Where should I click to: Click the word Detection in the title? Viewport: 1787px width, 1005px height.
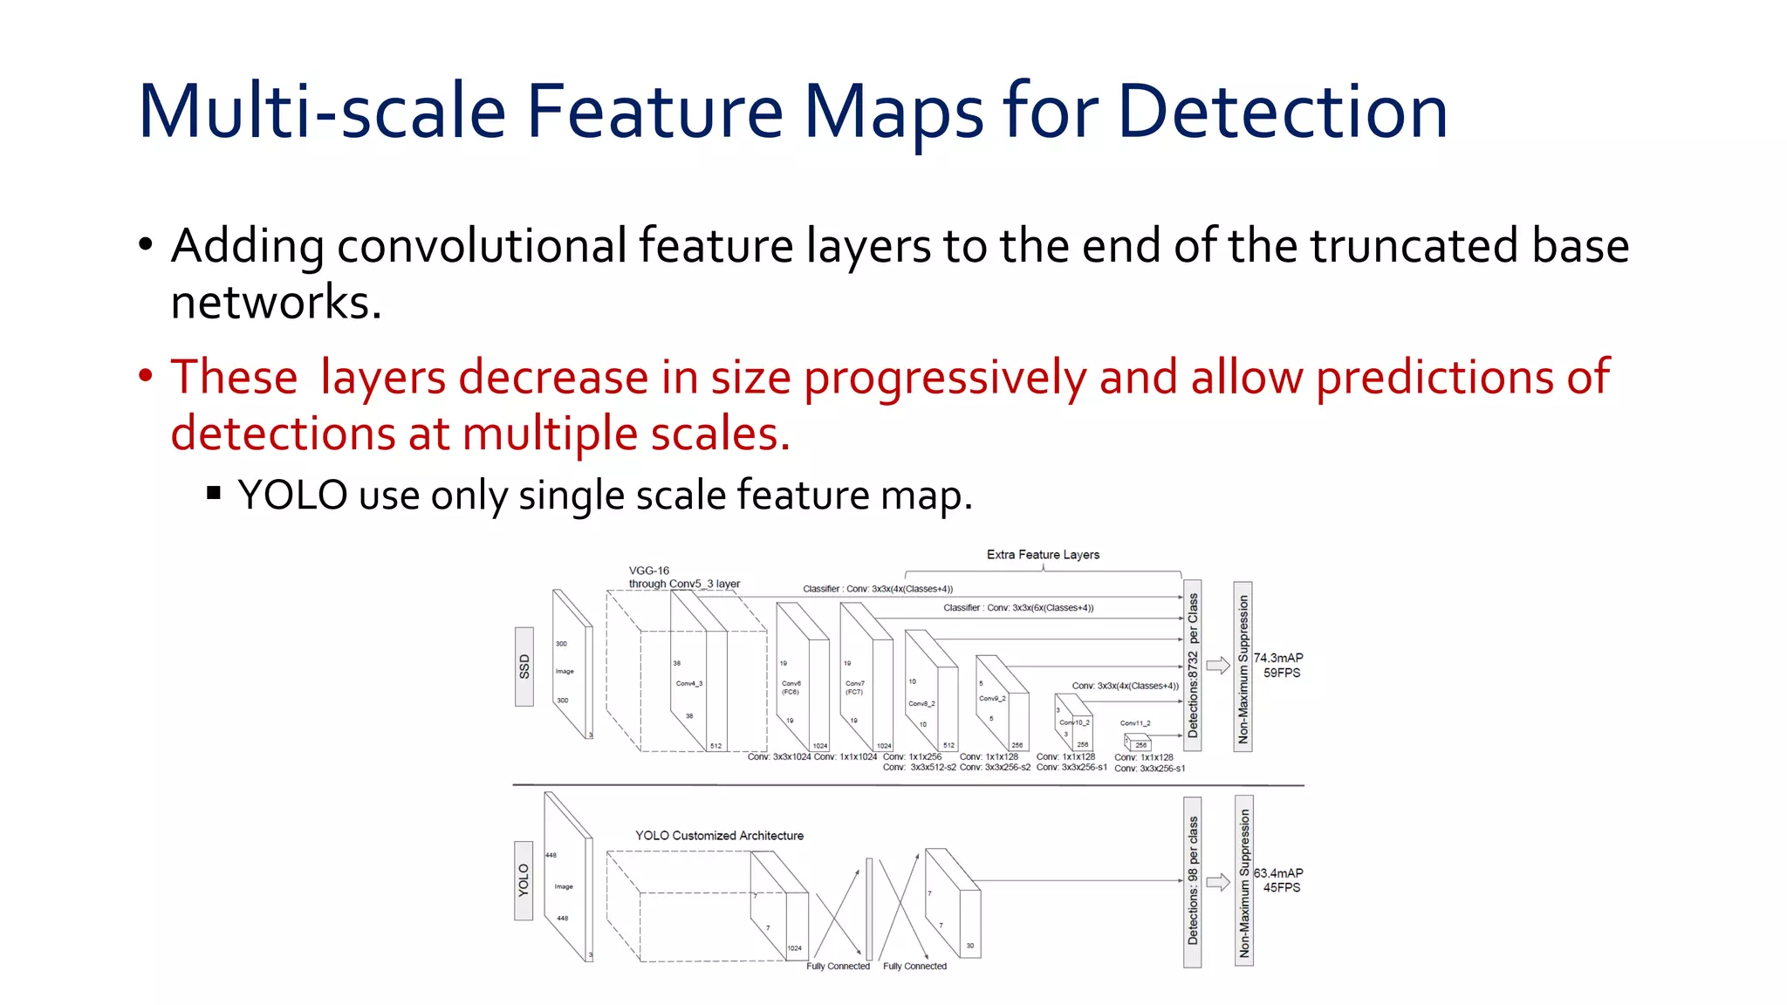tap(1282, 112)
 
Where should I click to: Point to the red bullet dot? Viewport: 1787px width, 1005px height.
tap(146, 376)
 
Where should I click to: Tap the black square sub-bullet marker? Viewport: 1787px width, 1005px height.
tap(214, 494)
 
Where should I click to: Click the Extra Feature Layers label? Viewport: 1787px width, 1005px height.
tap(1043, 555)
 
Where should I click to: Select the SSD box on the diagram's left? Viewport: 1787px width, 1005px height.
tap(524, 667)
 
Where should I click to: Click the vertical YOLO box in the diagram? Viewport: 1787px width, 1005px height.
tap(524, 880)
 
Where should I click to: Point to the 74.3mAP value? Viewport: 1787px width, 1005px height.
tap(1278, 658)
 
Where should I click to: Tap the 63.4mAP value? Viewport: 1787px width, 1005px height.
tap(1278, 873)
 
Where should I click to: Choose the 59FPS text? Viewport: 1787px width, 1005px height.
tap(1282, 673)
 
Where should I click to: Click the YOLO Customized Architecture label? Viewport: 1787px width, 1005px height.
tap(719, 836)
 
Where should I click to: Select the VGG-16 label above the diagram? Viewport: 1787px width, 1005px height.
tap(648, 571)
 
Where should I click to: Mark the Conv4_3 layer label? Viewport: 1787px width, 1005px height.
tap(688, 683)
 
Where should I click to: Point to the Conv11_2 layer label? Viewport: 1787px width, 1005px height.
tap(1135, 723)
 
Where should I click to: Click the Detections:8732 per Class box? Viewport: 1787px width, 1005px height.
tap(1193, 665)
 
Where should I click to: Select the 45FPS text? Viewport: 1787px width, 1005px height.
tap(1282, 888)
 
